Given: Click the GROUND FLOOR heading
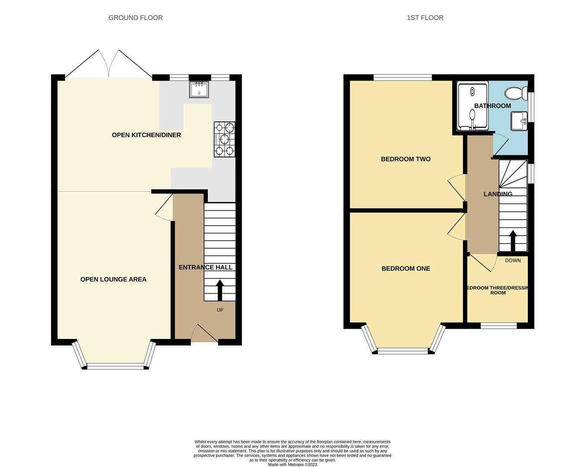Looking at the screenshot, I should coord(135,18).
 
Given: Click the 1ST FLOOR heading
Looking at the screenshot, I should coord(425,18).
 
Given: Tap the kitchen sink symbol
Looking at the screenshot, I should coord(199,90).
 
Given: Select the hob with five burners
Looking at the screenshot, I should coord(224,139).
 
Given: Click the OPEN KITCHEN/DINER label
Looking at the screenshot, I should coord(146,135).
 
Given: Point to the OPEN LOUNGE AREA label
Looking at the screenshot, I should coord(113,279).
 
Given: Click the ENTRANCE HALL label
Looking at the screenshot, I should coord(205,267).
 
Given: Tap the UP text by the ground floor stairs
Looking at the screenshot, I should coord(220,310).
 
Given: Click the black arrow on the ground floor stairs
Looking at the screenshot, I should coord(220,290).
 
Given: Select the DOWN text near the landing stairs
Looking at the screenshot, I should coord(513,260).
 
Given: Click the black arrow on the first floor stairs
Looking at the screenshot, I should coord(513,240).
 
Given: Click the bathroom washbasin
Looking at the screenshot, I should coord(518,121).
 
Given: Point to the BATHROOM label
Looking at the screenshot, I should coord(492,106).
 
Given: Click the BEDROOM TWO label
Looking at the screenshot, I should coord(406,159).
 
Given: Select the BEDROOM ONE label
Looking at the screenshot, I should coord(406,269).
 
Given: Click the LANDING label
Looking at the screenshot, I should coord(498,194).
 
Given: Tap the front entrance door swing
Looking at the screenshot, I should coord(204,333).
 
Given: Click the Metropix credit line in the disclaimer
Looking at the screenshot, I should coord(292,465).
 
